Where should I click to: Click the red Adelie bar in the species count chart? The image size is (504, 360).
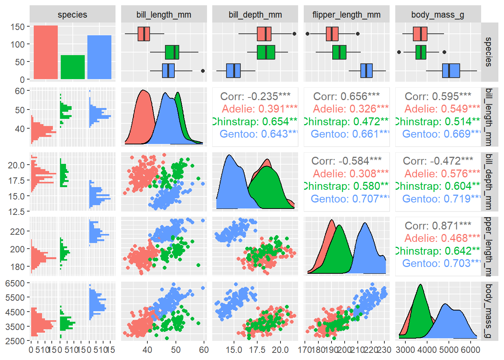click(x=46, y=52)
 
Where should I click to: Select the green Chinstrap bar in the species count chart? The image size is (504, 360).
click(x=73, y=67)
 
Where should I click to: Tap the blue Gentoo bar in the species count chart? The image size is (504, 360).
click(x=99, y=57)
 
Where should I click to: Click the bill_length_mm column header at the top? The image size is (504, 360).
click(x=164, y=15)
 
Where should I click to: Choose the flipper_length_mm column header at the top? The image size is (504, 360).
click(x=346, y=15)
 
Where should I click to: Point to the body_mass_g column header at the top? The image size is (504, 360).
click(x=438, y=15)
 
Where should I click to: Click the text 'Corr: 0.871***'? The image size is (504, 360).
click(x=438, y=226)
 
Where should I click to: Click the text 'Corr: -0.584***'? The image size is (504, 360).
click(x=346, y=161)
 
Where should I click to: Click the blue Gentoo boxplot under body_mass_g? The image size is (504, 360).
click(x=451, y=70)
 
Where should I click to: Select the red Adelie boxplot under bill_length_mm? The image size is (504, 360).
click(x=144, y=34)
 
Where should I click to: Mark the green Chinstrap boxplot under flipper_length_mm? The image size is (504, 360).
click(x=339, y=52)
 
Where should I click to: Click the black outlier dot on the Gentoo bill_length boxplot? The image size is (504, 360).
click(x=203, y=70)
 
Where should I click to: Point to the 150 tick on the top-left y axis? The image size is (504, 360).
click(x=17, y=27)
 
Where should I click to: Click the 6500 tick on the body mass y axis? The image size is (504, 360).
click(x=15, y=283)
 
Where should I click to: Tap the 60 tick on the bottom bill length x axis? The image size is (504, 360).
click(x=204, y=350)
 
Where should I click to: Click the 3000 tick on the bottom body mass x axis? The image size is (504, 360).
click(x=405, y=350)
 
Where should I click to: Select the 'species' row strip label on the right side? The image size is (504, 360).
click(x=488, y=52)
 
